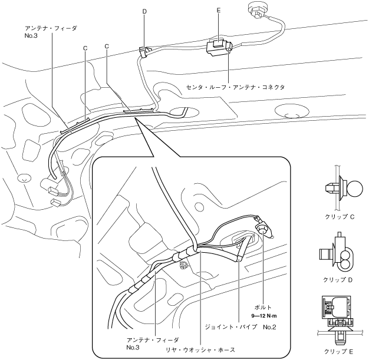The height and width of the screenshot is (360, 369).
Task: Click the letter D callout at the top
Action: click(144, 11)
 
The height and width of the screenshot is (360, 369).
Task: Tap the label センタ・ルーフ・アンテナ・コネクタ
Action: click(235, 87)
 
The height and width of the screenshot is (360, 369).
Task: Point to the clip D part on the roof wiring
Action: click(143, 51)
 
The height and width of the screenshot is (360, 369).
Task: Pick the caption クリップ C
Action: click(339, 216)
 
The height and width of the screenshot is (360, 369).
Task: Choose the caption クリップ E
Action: click(339, 352)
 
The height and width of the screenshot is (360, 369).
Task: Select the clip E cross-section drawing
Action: click(338, 318)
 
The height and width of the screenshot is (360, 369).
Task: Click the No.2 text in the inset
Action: click(271, 326)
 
